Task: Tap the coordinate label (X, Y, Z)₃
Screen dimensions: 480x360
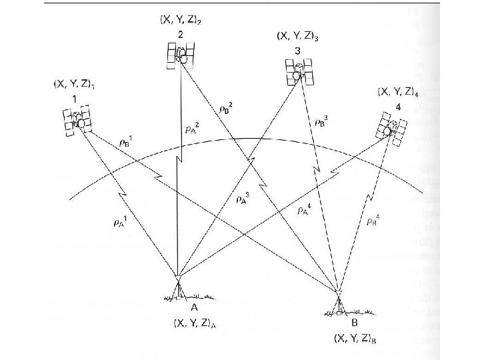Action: (x=297, y=35)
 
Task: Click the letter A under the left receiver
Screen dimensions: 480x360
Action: (x=193, y=308)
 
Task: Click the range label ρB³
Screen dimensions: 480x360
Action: (x=321, y=123)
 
